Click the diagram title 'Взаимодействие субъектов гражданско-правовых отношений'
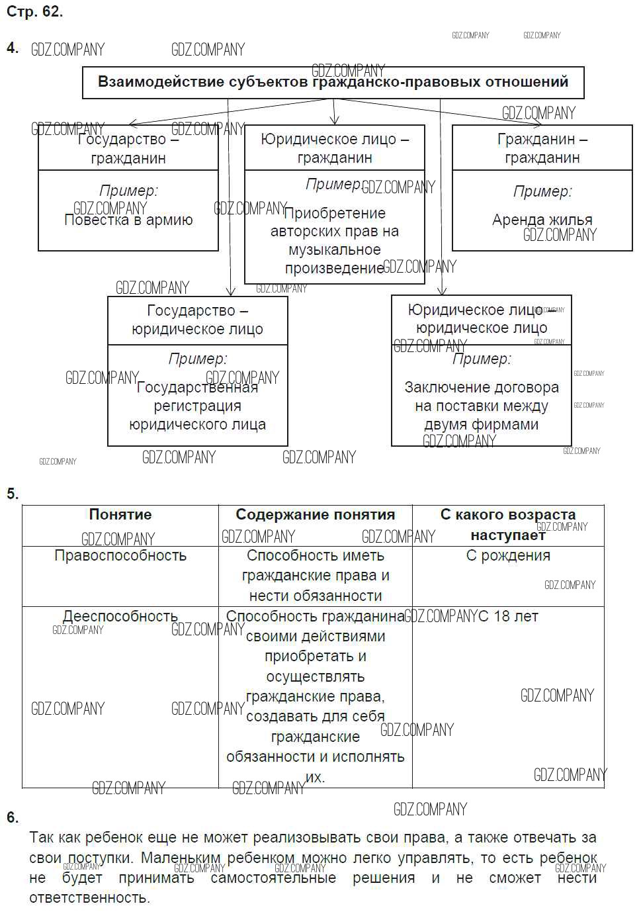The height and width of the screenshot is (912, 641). click(x=333, y=82)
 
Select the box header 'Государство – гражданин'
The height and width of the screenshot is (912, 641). click(x=128, y=148)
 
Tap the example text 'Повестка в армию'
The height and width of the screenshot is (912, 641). click(x=128, y=220)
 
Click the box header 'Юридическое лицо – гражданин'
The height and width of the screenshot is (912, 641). click(x=335, y=148)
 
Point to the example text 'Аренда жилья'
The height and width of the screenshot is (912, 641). click(x=542, y=220)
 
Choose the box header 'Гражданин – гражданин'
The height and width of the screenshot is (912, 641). click(x=542, y=148)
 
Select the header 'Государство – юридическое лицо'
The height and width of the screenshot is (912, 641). click(x=197, y=320)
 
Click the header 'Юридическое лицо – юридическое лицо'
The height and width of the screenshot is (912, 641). click(x=481, y=319)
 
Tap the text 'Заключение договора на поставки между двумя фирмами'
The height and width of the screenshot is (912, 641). click(x=481, y=406)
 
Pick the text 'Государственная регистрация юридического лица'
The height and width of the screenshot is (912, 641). click(x=197, y=406)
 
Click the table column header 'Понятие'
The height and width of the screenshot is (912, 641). click(x=120, y=515)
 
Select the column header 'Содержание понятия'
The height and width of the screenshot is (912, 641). click(x=315, y=515)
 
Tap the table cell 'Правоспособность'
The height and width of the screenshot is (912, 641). click(x=120, y=556)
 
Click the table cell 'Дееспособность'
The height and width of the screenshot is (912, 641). click(x=120, y=616)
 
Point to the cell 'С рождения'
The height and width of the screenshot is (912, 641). click(x=508, y=556)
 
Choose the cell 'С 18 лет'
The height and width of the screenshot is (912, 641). click(x=508, y=616)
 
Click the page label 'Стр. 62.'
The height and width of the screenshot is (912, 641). click(x=34, y=11)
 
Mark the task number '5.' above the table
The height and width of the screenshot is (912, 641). click(x=13, y=494)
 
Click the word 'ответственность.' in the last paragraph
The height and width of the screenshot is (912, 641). click(x=89, y=898)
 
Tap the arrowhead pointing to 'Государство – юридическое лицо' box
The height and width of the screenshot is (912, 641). click(x=230, y=291)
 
